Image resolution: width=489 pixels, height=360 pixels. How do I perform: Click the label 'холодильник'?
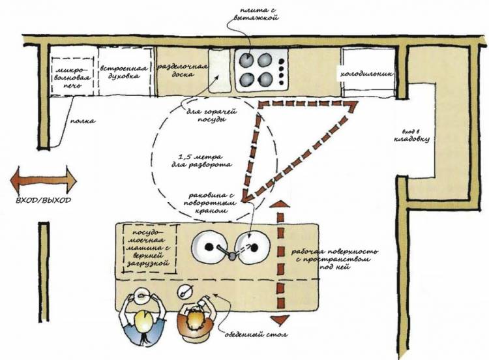pos(366,74)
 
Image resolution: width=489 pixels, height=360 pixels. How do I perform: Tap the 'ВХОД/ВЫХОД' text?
pos(43,200)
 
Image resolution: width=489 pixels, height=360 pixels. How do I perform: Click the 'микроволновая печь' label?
pos(72,77)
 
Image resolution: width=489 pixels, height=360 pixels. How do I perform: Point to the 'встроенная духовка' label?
pos(124,72)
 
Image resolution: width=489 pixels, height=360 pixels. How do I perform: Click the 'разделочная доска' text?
pos(182,70)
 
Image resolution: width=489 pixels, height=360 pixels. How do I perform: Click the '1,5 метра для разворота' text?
pos(201,160)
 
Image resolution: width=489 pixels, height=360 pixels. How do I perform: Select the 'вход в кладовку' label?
pos(411,136)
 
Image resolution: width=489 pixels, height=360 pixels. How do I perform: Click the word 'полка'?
pos(82,121)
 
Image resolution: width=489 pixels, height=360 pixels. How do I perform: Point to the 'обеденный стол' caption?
pos(256,335)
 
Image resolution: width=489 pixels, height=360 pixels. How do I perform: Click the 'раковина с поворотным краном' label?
pos(212,203)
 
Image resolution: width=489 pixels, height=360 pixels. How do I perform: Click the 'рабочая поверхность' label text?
pos(334,252)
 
